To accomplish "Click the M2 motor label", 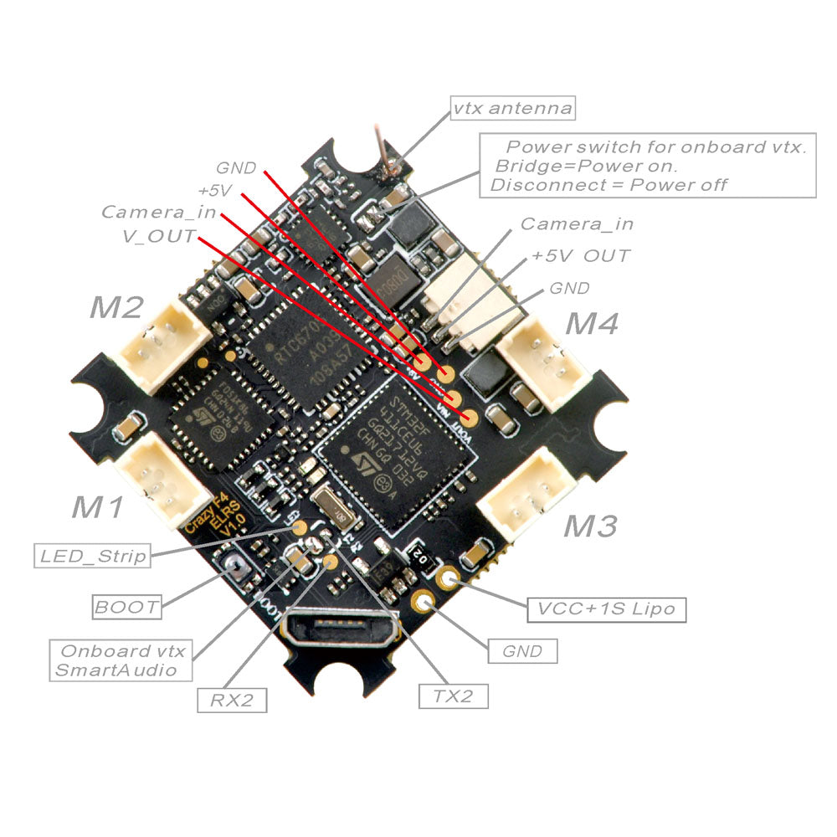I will coord(116,308).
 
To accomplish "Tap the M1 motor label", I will coord(99,506).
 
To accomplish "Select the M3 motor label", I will coord(590,526).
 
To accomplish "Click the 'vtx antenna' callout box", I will coord(513,109).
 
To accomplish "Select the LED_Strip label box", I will coord(92,554).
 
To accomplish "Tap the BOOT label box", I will coord(126,606).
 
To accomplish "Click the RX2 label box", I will coord(232,700).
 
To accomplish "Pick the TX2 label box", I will coord(453,695).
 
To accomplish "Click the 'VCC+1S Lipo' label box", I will coord(606,608).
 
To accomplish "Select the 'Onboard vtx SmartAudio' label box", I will coord(121,660).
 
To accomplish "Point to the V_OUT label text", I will coord(159,236).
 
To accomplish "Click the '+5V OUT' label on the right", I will coord(581,255).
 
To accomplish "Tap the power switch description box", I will coord(647,165).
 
